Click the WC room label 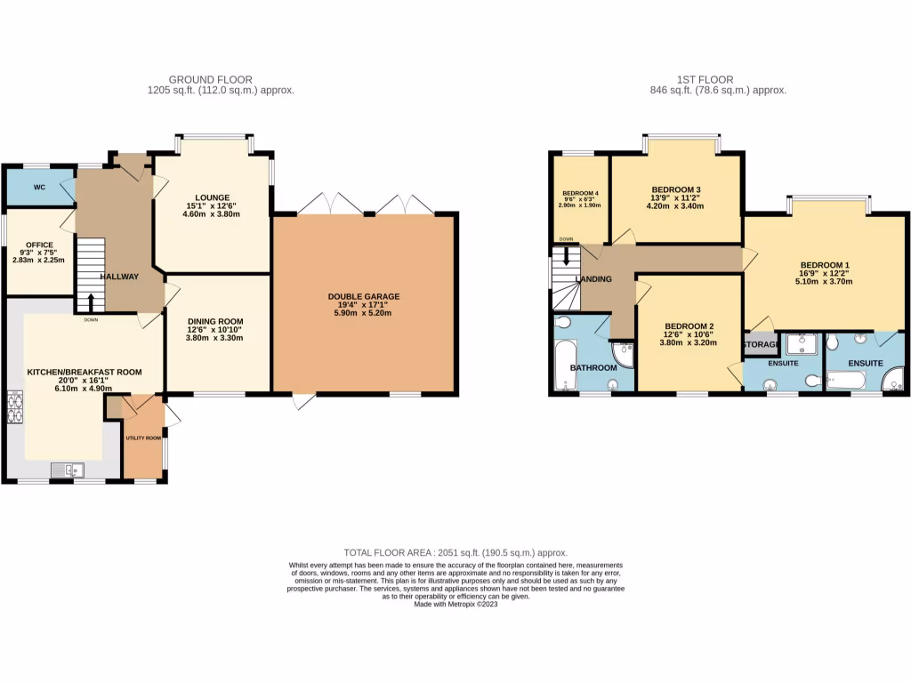click(39, 188)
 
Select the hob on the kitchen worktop click(15, 410)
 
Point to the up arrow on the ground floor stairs click(91, 301)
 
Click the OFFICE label click(39, 245)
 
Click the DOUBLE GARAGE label click(364, 296)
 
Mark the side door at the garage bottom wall click(304, 401)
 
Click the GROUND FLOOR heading click(210, 79)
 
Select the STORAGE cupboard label click(762, 344)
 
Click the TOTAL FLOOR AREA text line click(455, 552)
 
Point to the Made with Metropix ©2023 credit click(455, 605)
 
